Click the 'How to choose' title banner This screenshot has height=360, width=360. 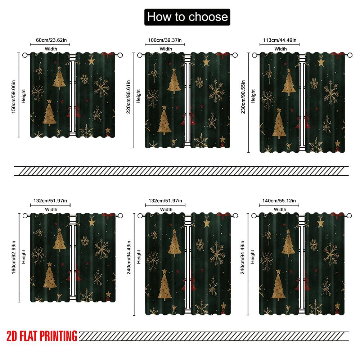187,17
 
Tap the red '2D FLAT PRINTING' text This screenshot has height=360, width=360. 42,336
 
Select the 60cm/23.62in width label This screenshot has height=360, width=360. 50,40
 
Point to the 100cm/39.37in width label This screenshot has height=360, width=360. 165,40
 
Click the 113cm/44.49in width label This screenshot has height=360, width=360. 280,40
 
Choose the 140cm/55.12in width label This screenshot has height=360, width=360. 279,201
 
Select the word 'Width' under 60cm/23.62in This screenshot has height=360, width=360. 50,49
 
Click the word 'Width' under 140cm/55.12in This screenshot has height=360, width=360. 280,210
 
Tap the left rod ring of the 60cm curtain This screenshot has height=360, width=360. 25,55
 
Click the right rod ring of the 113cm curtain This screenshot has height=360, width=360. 350,55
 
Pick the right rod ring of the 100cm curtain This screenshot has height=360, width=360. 235,55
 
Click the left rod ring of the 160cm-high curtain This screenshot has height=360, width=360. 25,216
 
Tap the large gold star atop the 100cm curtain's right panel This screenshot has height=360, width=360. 206,63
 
